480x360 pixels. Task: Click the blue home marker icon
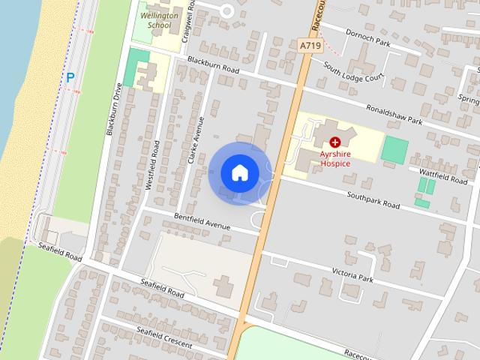239,172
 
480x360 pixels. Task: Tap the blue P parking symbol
70,76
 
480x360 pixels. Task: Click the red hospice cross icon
334,141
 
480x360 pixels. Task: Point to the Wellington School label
159,19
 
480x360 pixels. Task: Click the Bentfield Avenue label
201,220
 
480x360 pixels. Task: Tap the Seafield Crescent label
164,336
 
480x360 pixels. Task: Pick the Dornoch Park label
368,37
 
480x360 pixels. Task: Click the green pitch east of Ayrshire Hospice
394,148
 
